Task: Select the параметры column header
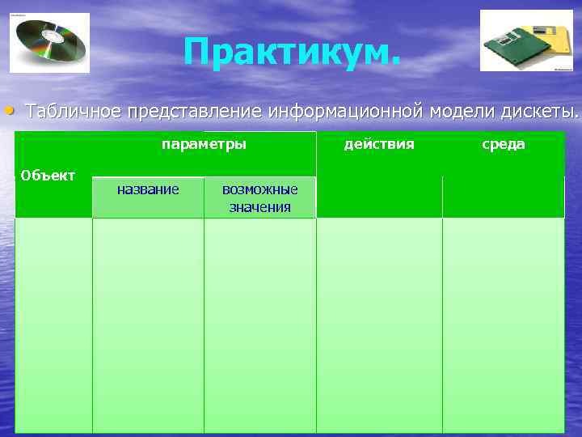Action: (204, 145)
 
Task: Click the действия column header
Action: (379, 145)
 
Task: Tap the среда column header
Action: (504, 145)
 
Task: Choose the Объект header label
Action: (48, 175)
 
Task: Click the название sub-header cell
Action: (148, 189)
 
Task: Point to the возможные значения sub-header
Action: (259, 198)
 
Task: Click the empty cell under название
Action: (148, 324)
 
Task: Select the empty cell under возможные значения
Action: (259, 324)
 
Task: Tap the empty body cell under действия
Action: (379, 324)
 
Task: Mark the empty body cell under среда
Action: (504, 324)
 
